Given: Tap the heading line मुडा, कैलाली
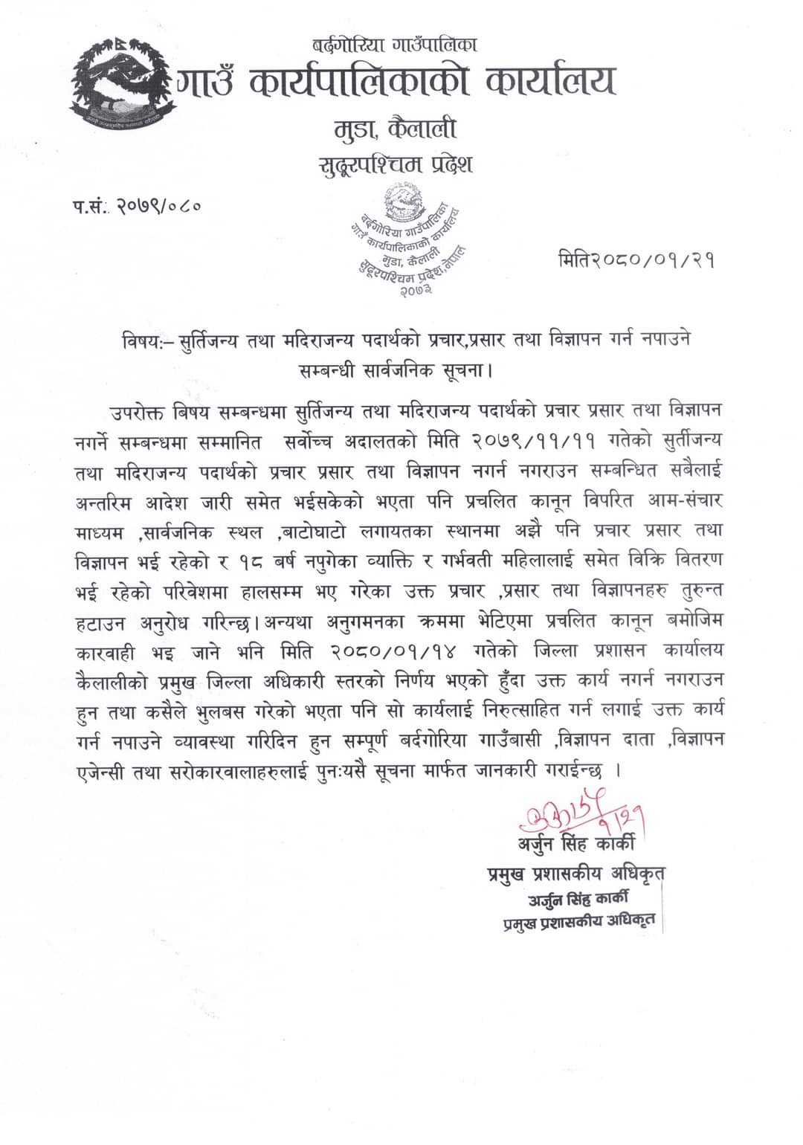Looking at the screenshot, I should point(394,129).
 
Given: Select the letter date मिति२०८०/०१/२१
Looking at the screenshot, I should point(636,260).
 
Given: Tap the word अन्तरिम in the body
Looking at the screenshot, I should point(103,501).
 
